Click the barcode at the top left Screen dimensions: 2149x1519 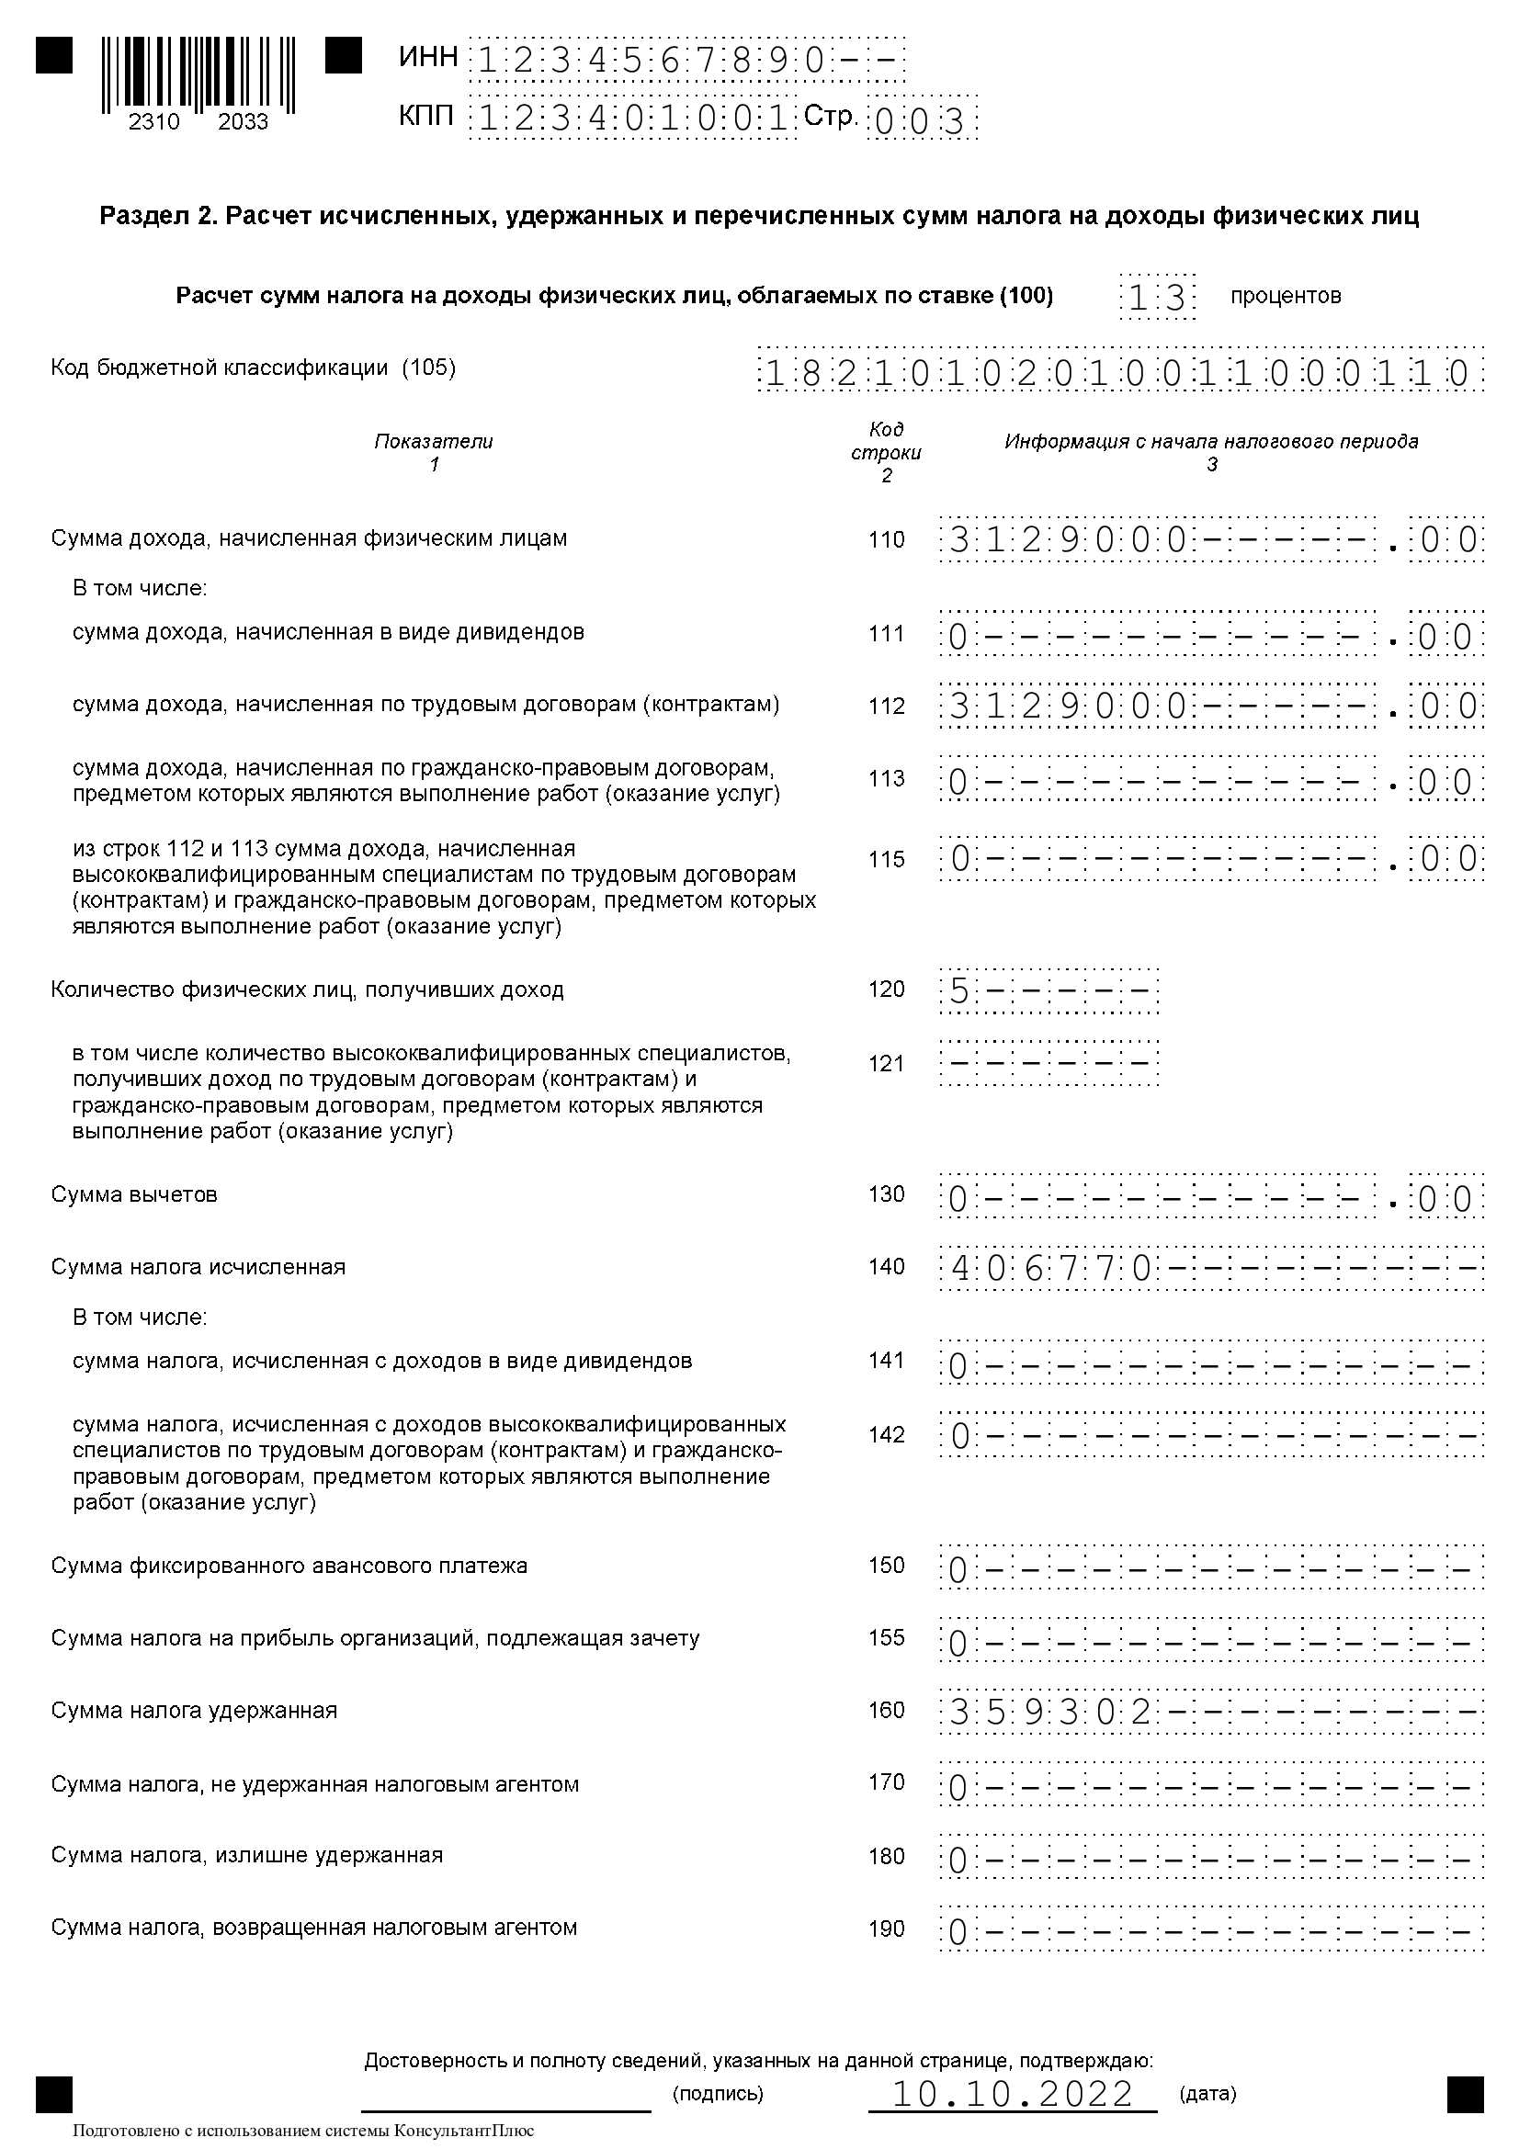[x=198, y=74]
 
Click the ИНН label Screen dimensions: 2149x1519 [x=427, y=58]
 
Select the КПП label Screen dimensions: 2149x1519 [x=425, y=117]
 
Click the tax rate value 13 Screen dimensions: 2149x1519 [x=1157, y=298]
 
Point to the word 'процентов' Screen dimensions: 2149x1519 [x=1285, y=297]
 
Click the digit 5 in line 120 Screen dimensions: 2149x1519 [x=958, y=991]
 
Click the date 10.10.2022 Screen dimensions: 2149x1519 [x=1012, y=2094]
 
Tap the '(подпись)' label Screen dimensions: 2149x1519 [x=718, y=2094]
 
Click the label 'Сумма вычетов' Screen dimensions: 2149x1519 [x=134, y=1194]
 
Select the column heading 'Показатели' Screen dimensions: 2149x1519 [x=434, y=441]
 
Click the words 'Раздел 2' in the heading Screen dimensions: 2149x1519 [x=156, y=216]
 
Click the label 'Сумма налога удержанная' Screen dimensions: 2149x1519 [x=194, y=1711]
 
